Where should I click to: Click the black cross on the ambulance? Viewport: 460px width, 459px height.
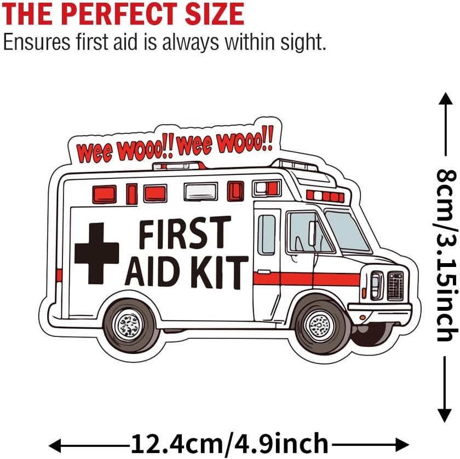[96, 253]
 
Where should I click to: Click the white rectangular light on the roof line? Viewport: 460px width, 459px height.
[200, 191]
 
